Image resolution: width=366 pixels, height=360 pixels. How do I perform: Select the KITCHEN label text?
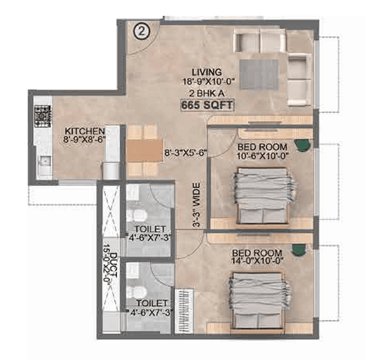[x=85, y=131]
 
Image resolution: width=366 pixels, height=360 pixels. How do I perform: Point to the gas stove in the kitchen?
[x=43, y=114]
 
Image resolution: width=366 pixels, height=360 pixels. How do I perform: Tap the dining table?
[x=144, y=147]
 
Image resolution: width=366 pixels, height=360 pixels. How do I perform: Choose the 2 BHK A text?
[x=207, y=93]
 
